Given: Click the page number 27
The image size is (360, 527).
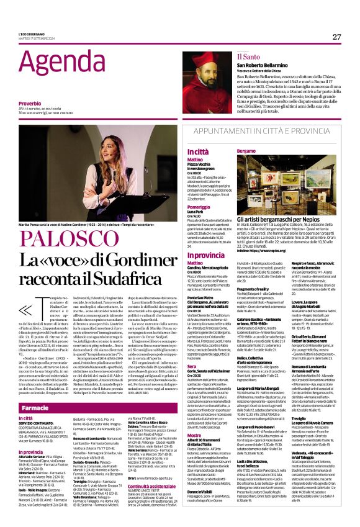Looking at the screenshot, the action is point(336,37).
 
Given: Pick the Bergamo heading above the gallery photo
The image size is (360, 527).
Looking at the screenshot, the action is point(263,151).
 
